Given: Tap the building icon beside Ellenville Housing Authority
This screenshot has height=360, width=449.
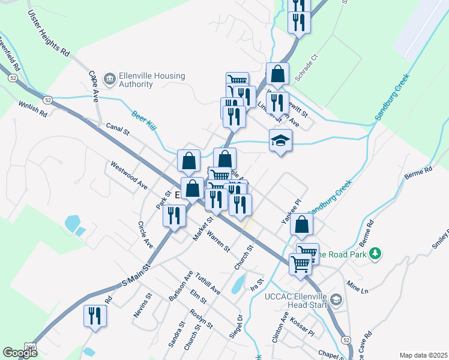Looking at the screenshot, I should tap(109, 79).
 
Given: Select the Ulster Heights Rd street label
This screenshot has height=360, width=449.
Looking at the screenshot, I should tap(48, 34).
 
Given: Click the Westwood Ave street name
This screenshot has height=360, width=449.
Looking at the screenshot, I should tap(128, 175).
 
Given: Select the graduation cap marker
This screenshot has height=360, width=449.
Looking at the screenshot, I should tap(280, 142).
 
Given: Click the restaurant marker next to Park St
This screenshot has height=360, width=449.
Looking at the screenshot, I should tap(175, 215).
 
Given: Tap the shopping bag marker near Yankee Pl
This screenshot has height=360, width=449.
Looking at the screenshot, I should tap(303, 225).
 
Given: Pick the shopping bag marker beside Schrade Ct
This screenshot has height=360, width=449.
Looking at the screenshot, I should tap(278, 74).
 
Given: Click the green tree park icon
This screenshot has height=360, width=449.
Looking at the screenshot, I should tap(376, 254).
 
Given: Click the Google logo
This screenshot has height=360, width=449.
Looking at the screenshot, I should tap(20, 353).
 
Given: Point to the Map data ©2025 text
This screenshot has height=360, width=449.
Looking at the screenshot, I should tap(423, 355).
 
